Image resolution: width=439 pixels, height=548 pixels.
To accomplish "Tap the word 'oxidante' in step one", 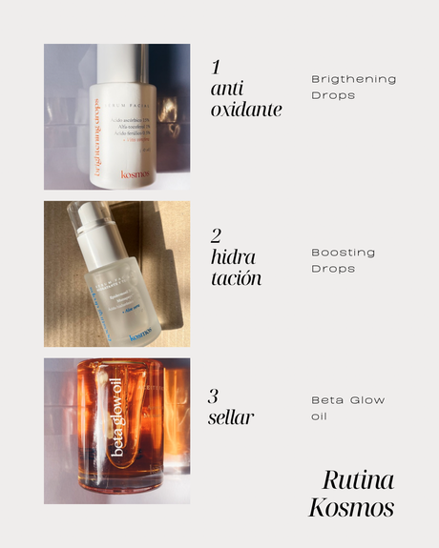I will [x=247, y=110].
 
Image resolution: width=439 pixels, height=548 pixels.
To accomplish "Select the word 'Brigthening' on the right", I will [x=353, y=78].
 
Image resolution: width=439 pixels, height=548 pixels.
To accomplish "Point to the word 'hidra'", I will [x=235, y=258].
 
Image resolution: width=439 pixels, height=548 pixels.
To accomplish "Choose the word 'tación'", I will [x=236, y=279].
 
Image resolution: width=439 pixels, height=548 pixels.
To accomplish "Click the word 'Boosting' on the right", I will [x=343, y=253].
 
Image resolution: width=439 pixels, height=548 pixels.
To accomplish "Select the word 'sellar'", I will [x=231, y=417].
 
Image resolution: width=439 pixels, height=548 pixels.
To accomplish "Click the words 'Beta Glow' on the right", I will [x=348, y=400].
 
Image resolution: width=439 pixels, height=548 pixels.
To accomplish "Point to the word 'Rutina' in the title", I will [x=357, y=479].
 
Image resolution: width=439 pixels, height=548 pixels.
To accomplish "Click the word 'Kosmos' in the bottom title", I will [x=350, y=508].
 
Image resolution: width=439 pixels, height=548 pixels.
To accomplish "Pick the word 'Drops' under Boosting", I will [x=333, y=269].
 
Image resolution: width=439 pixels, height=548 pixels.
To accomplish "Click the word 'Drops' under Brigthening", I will [x=333, y=94].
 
